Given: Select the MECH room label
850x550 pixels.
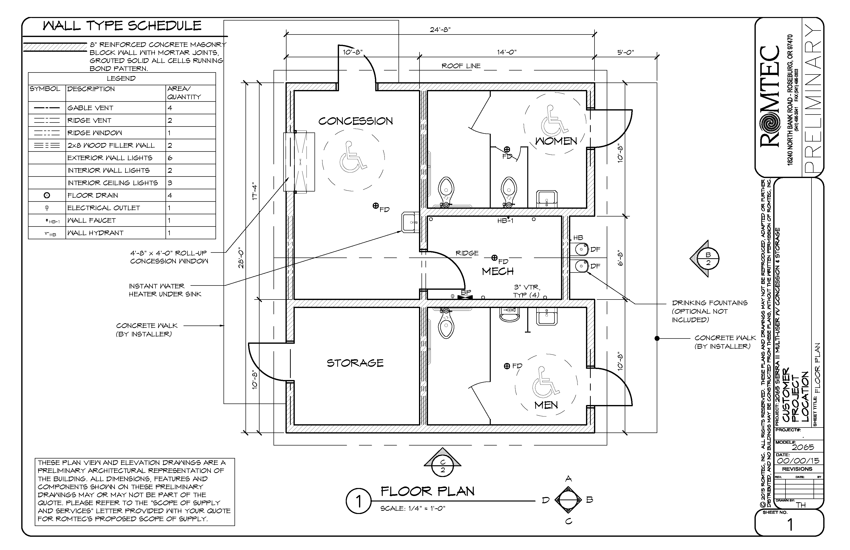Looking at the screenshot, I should (x=497, y=271).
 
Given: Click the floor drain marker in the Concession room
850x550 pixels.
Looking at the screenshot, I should (x=375, y=206).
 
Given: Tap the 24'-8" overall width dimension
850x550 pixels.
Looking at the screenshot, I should (x=440, y=30).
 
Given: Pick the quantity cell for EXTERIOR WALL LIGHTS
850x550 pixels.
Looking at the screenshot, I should (x=190, y=158).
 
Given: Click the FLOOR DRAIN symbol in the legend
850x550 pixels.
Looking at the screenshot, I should (x=47, y=195).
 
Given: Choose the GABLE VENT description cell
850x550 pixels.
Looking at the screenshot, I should (x=115, y=108).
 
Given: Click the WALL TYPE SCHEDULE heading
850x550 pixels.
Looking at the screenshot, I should (x=122, y=26).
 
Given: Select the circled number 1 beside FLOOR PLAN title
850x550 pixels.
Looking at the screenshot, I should (x=358, y=501).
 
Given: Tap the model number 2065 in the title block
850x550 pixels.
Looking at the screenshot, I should (x=803, y=447).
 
